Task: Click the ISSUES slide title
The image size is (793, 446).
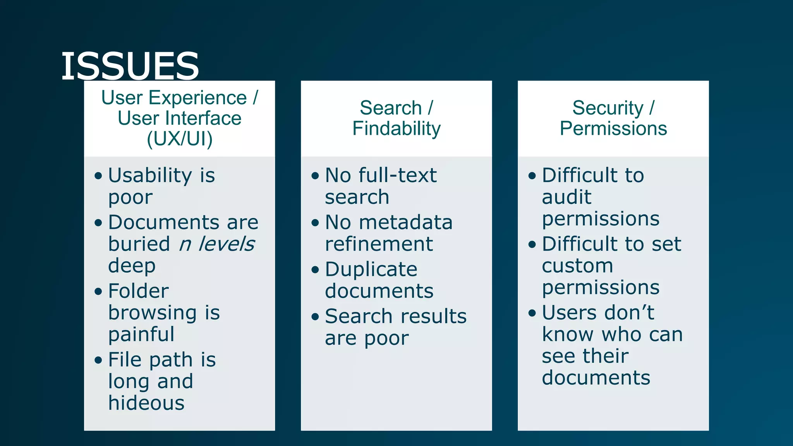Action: pyautogui.click(x=130, y=66)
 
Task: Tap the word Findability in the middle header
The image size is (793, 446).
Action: pyautogui.click(x=396, y=129)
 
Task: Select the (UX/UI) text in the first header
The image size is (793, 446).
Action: pyautogui.click(x=180, y=139)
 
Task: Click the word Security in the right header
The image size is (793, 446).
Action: pyautogui.click(x=608, y=108)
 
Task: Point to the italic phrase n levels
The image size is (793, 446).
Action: pyautogui.click(x=217, y=244)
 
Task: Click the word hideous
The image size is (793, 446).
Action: pyautogui.click(x=146, y=403)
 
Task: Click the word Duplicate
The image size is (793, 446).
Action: pyautogui.click(x=371, y=269)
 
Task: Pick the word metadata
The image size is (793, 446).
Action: pyautogui.click(x=406, y=223)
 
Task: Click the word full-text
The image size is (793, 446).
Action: pyautogui.click(x=398, y=175)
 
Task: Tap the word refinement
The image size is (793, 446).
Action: pyautogui.click(x=379, y=244)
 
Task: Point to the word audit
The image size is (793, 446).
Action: pyautogui.click(x=566, y=197)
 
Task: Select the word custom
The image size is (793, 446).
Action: pyautogui.click(x=577, y=266)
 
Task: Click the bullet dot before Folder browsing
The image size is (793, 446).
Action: pyautogui.click(x=98, y=291)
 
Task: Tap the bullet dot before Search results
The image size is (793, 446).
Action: pyautogui.click(x=315, y=317)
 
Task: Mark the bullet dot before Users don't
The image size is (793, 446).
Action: pyautogui.click(x=532, y=313)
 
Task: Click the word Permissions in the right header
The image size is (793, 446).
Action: pyautogui.click(x=613, y=129)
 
